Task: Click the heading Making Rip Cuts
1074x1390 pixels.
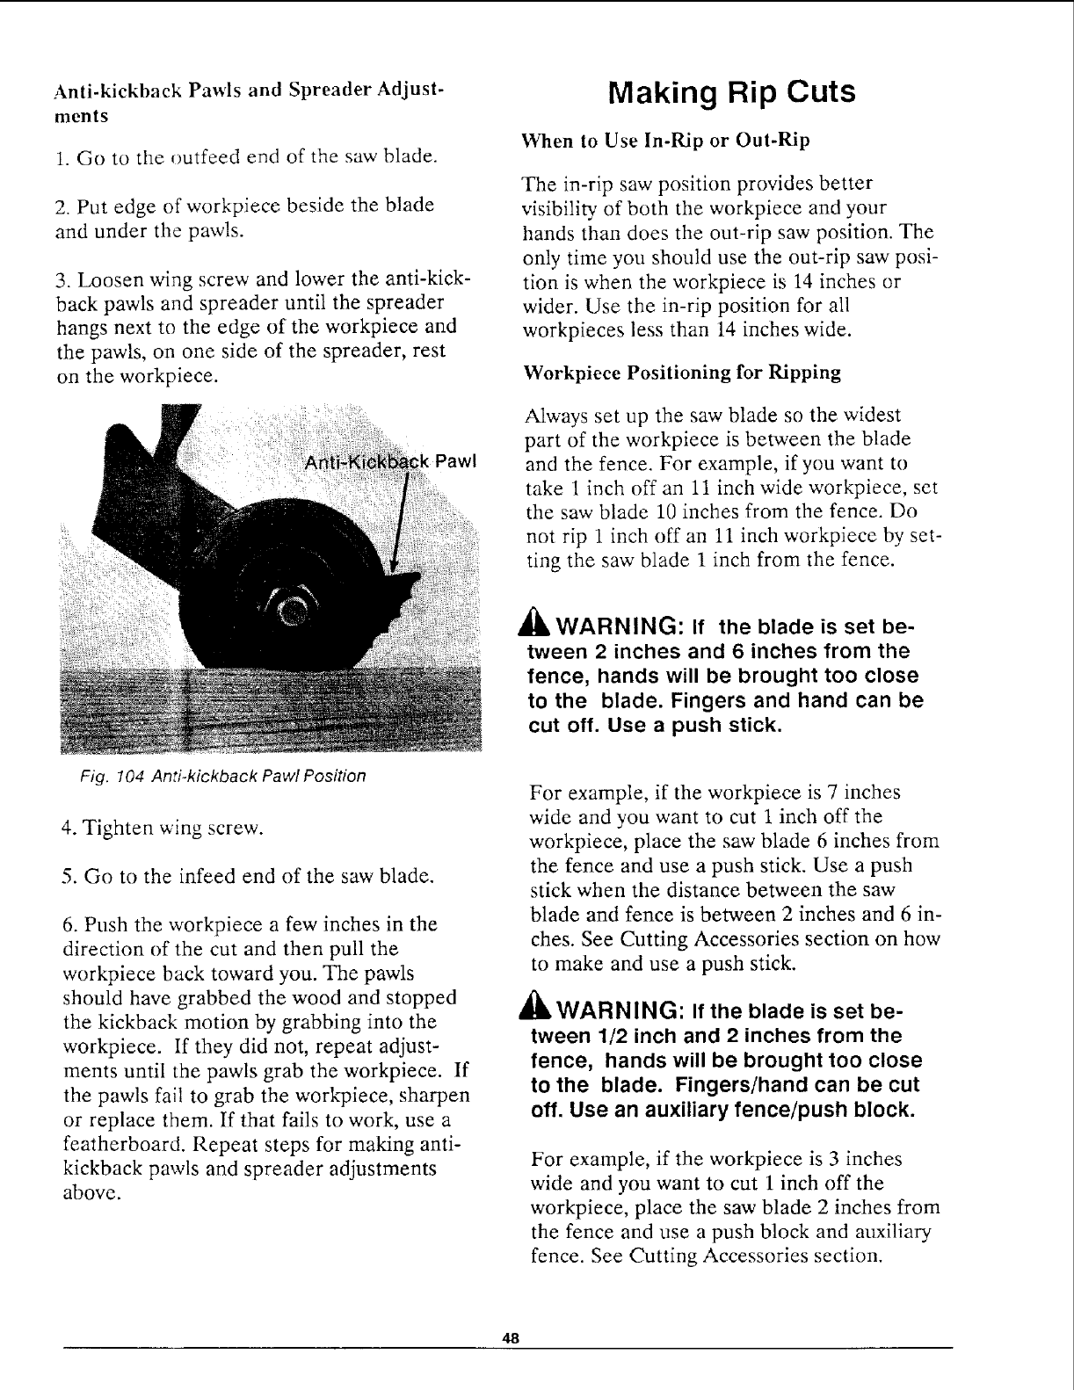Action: (x=731, y=92)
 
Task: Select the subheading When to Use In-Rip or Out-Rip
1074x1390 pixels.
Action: (x=665, y=141)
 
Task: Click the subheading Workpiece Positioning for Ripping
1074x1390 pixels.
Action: (x=681, y=373)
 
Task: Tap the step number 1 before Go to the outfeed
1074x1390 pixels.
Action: (x=57, y=158)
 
